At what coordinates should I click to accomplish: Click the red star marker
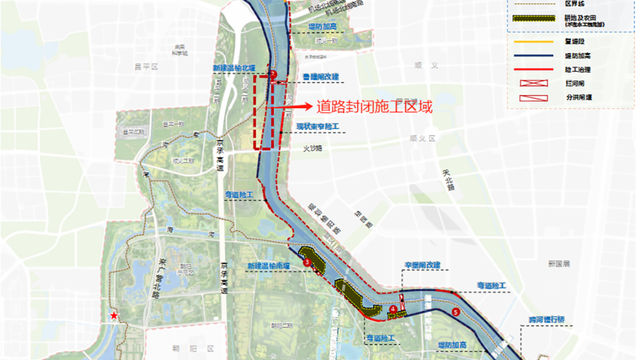[113, 317]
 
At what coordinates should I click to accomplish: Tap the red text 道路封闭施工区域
[374, 107]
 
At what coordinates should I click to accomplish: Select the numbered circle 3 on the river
[307, 262]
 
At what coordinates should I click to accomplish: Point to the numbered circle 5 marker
[456, 312]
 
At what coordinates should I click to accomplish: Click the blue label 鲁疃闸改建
[320, 77]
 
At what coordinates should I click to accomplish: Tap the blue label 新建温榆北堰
[234, 68]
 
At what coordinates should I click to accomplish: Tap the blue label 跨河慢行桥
[547, 320]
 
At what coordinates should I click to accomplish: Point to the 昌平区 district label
[146, 67]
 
